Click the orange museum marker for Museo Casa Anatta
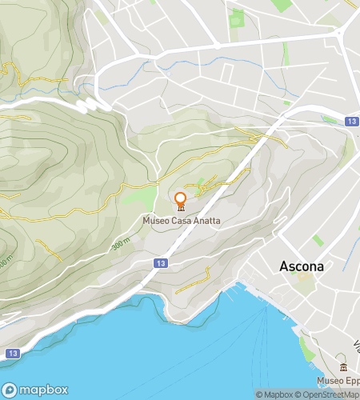[181, 201]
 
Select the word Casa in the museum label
[179, 221]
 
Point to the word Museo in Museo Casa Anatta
[155, 221]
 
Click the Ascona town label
[302, 266]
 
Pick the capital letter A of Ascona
[284, 266]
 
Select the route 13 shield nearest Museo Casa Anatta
[162, 262]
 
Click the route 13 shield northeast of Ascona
[352, 121]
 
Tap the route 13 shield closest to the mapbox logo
[11, 353]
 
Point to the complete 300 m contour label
[121, 243]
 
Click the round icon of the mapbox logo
[13, 390]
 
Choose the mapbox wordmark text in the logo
[42, 390]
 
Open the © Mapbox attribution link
[275, 394]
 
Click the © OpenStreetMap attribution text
[328, 394]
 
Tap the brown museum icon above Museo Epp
[343, 366]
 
